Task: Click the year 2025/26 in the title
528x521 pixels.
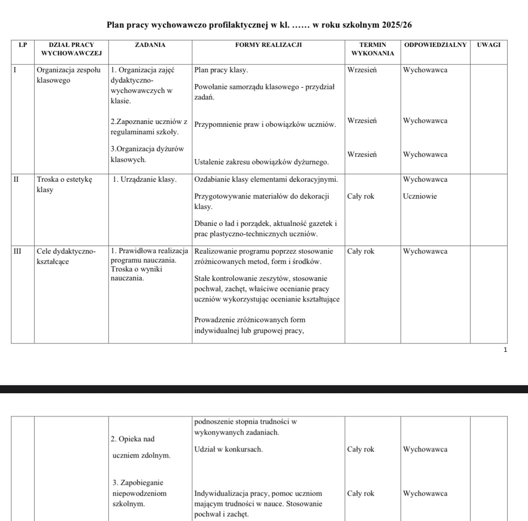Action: pyautogui.click(x=398, y=25)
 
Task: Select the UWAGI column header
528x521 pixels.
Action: pyautogui.click(x=489, y=45)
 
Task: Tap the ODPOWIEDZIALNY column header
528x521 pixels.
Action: pyautogui.click(x=435, y=45)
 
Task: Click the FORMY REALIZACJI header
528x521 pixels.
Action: pyautogui.click(x=268, y=45)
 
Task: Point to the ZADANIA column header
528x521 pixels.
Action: pyautogui.click(x=150, y=45)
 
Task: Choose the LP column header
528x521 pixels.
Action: pyautogui.click(x=23, y=45)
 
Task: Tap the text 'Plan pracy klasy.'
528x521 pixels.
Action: pyautogui.click(x=221, y=70)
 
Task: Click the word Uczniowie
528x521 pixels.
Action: pyautogui.click(x=419, y=196)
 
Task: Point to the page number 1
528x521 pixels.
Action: pyautogui.click(x=505, y=350)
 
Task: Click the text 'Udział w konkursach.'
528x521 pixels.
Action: pyautogui.click(x=228, y=449)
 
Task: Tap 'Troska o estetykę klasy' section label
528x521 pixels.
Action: pyautogui.click(x=64, y=185)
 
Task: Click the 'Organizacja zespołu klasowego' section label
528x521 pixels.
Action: pyautogui.click(x=68, y=75)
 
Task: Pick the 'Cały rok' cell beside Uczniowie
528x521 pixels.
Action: pyautogui.click(x=360, y=196)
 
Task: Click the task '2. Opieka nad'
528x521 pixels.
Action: pyautogui.click(x=132, y=439)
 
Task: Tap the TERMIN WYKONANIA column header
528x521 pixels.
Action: pyautogui.click(x=373, y=49)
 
